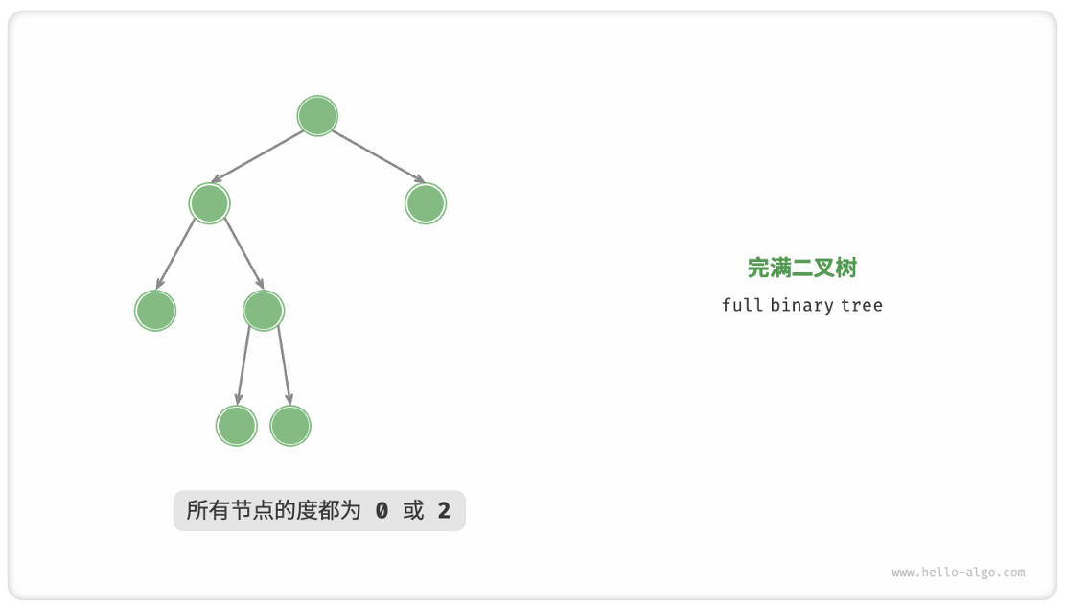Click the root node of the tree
317,116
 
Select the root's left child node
210,203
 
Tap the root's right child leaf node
426,203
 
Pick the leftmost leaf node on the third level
155,311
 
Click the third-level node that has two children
264,311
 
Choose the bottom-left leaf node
237,426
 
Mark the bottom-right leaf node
290,426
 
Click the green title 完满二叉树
802,269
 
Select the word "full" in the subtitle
742,305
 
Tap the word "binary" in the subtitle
800,305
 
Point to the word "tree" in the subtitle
862,305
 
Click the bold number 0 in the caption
382,511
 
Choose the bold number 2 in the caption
444,511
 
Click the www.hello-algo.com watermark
958,573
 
